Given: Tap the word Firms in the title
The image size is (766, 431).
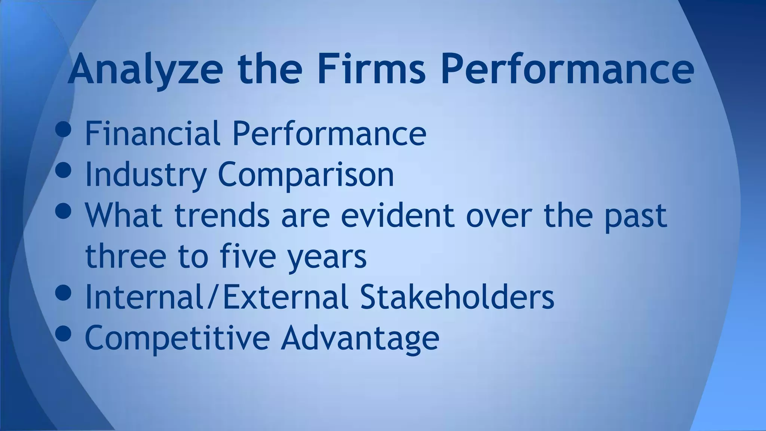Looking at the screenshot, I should (x=371, y=70).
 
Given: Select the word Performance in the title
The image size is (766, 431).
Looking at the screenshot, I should (x=567, y=70).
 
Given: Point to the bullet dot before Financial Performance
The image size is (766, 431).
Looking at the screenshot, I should (x=63, y=129).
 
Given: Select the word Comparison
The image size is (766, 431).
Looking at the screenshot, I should (x=306, y=174).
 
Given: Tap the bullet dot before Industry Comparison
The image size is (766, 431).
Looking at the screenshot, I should (x=63, y=170).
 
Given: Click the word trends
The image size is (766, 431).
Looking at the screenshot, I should (x=222, y=215).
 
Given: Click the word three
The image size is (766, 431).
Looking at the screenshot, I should (x=126, y=256).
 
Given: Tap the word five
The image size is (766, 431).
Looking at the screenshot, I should (x=248, y=256).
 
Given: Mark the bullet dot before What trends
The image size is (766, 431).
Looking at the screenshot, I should (x=63, y=211).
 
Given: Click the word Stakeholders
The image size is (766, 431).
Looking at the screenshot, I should (x=457, y=297).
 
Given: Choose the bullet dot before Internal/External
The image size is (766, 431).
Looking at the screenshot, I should (x=63, y=293).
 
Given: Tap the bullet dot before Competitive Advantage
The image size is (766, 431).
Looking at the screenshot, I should (x=63, y=333).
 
